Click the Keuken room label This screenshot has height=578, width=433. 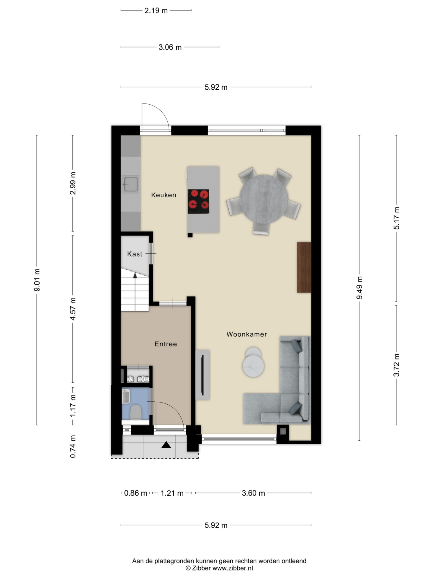coord(164,195)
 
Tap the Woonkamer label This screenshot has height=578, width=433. coord(246,334)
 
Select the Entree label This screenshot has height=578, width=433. coord(165,344)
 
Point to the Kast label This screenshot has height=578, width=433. coord(135,254)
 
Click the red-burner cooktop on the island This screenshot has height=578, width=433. coord(198,201)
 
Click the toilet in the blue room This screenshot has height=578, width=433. coord(136,412)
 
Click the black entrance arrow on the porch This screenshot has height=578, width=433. coord(166,445)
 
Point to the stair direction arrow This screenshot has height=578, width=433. coord(135,275)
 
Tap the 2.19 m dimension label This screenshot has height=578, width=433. coord(156,11)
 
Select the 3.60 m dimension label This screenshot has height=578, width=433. coord(253,493)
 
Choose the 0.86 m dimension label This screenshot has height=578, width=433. coord(135,493)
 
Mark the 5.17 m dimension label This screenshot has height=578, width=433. coord(396,218)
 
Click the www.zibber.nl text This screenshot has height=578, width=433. coord(233,568)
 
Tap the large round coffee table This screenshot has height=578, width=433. coord(253,366)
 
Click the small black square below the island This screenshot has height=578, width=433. coord(190,235)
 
